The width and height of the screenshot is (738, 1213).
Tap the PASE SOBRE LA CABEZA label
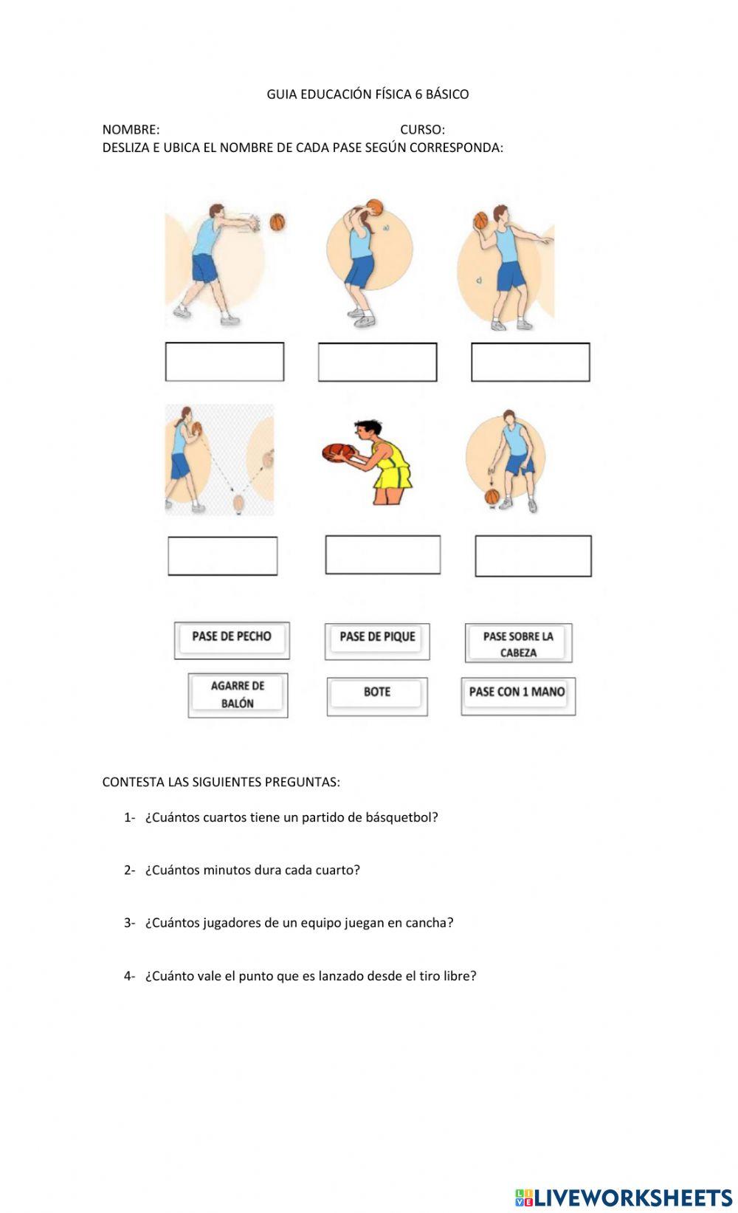pyautogui.click(x=518, y=644)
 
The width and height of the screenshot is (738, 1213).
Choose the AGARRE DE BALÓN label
pyautogui.click(x=238, y=695)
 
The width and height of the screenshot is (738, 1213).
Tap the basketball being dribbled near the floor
pyautogui.click(x=492, y=497)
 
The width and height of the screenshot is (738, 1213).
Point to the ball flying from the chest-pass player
pyautogui.click(x=277, y=221)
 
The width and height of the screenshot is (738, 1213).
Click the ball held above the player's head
pyautogui.click(x=374, y=207)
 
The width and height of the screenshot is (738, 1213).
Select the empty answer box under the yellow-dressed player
pyautogui.click(x=382, y=555)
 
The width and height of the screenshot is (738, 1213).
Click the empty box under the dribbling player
pyautogui.click(x=533, y=557)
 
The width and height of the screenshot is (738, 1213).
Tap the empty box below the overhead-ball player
pyautogui.click(x=377, y=362)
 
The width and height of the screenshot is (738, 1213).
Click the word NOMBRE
pyautogui.click(x=131, y=130)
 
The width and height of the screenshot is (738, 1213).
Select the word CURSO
pyautogui.click(x=421, y=130)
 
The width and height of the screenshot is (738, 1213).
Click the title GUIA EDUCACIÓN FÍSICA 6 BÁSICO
pyautogui.click(x=368, y=95)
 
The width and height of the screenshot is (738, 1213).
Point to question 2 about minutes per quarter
pyautogui.click(x=252, y=870)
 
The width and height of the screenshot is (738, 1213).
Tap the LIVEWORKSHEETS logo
pyautogui.click(x=624, y=1197)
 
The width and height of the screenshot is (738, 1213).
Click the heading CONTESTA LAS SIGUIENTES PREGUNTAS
pyautogui.click(x=221, y=783)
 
